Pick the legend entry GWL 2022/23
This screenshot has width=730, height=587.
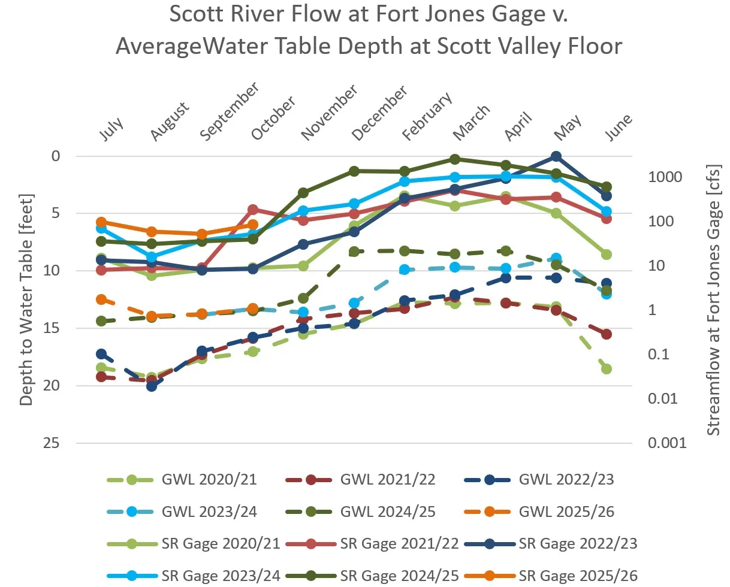[x=566, y=480]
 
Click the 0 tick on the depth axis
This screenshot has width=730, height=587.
[x=56, y=156]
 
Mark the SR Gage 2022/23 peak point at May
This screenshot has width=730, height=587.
[x=556, y=156]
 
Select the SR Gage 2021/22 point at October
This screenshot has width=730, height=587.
[x=253, y=210]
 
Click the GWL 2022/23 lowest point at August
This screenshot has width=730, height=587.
[x=152, y=386]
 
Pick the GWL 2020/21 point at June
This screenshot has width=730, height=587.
[x=607, y=369]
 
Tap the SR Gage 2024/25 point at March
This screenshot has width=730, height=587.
[x=455, y=159]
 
